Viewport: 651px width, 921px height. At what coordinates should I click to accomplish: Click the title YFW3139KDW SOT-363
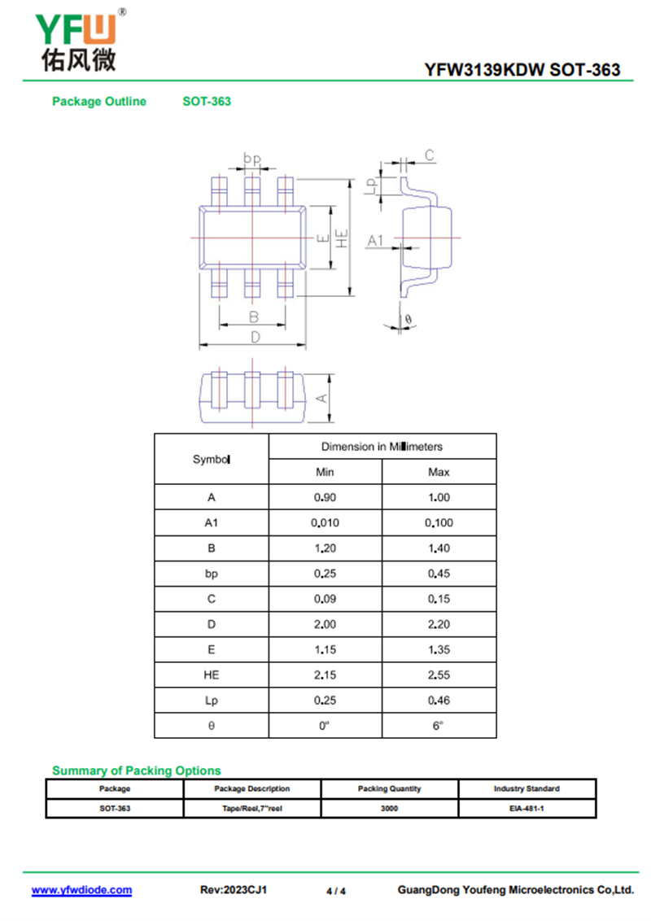click(x=522, y=70)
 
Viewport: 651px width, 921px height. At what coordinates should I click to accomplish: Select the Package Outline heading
click(x=99, y=101)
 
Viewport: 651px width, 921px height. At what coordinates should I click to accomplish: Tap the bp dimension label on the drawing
click(x=252, y=159)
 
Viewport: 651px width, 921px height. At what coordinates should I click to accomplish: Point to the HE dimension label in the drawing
click(x=342, y=238)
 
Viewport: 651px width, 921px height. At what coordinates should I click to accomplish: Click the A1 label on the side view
click(x=375, y=240)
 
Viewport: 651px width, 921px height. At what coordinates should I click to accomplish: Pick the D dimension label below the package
click(x=255, y=337)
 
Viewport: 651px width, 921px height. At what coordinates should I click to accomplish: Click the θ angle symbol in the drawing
click(x=409, y=320)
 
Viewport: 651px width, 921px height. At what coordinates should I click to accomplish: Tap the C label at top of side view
click(x=430, y=155)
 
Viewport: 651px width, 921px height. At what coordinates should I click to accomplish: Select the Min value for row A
click(x=325, y=497)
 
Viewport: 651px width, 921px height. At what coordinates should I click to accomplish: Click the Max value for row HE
click(x=439, y=675)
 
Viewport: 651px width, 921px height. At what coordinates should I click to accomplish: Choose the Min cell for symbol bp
click(x=325, y=574)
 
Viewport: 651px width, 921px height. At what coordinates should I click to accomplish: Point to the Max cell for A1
click(x=439, y=522)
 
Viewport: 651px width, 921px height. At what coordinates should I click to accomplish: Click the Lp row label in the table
click(x=212, y=701)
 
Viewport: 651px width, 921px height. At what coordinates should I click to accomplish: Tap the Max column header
click(x=439, y=472)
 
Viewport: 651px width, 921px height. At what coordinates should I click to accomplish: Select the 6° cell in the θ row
click(x=438, y=726)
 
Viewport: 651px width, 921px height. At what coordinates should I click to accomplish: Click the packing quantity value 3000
click(x=389, y=808)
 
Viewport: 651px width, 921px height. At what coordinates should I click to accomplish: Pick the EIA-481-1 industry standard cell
click(x=526, y=808)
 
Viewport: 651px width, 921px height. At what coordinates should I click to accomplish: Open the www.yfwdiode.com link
click(x=81, y=890)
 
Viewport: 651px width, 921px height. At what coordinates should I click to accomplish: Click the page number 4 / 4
click(x=336, y=891)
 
